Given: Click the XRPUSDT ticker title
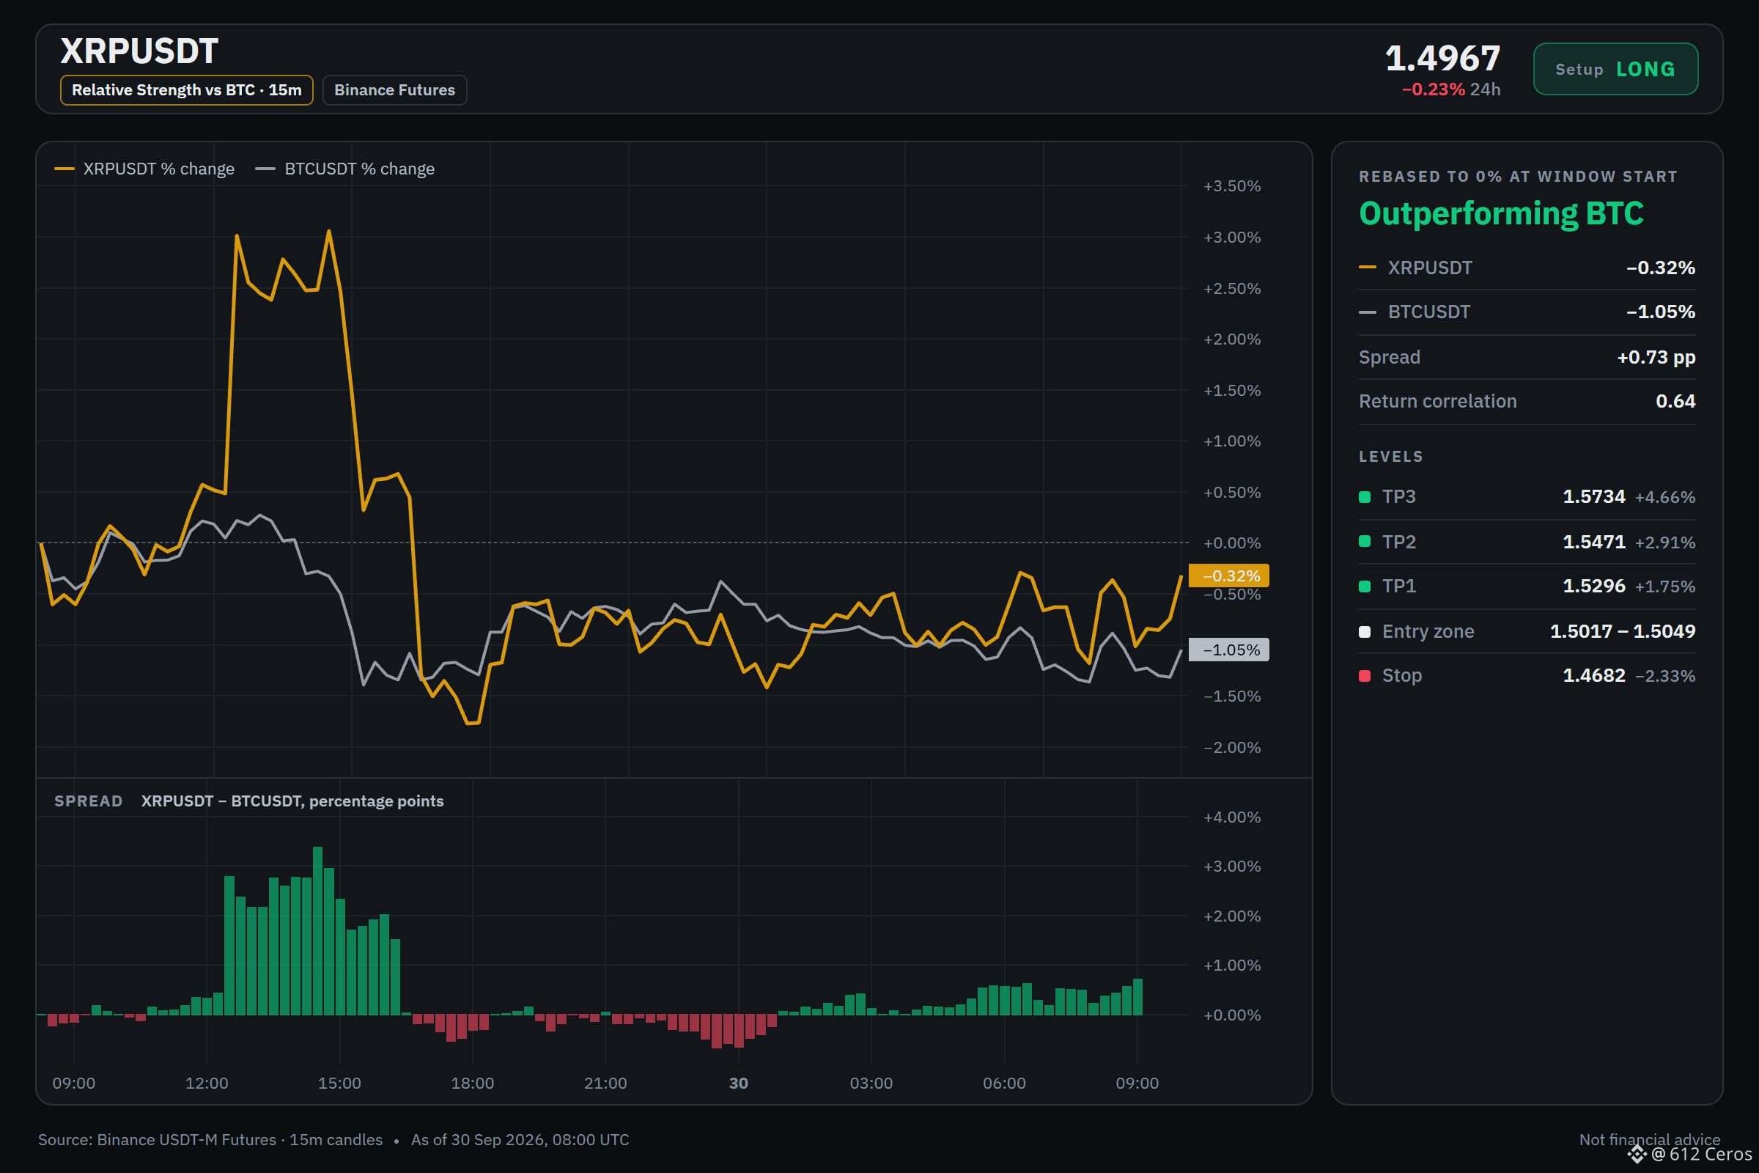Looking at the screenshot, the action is click(139, 51).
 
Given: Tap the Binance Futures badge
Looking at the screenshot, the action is click(394, 89).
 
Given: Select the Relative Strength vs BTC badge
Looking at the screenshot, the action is click(186, 89).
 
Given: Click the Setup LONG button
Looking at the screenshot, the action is click(1615, 69).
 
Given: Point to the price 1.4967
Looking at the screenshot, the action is click(1442, 58).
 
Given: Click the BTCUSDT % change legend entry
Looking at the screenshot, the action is click(344, 169).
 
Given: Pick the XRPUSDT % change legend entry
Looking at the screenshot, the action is click(144, 169).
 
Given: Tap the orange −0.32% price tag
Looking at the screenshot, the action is click(1229, 576).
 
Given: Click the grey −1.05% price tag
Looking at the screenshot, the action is click(1229, 650).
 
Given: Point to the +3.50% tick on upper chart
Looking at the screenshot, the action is click(1232, 185).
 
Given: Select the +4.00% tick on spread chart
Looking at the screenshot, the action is click(1232, 817).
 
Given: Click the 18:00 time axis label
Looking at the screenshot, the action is click(472, 1083).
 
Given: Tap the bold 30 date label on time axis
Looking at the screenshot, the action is click(738, 1083).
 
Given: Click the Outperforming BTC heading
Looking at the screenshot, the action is click(1501, 214).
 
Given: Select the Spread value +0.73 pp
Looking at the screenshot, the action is click(1656, 358).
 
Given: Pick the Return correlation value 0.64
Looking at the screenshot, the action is click(1675, 401).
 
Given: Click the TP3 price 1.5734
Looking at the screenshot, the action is click(1593, 497).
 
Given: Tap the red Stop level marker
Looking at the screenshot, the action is click(1364, 675).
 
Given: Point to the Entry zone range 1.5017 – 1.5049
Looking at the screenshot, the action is click(1622, 631).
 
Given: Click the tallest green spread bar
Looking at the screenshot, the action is click(317, 930).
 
